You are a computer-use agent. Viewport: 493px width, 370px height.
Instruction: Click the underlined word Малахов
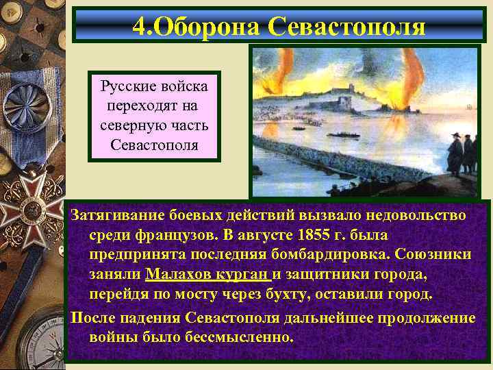pyautogui.click(x=180, y=274)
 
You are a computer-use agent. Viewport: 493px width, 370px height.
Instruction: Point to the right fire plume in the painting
pyautogui.click(x=414, y=79)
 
